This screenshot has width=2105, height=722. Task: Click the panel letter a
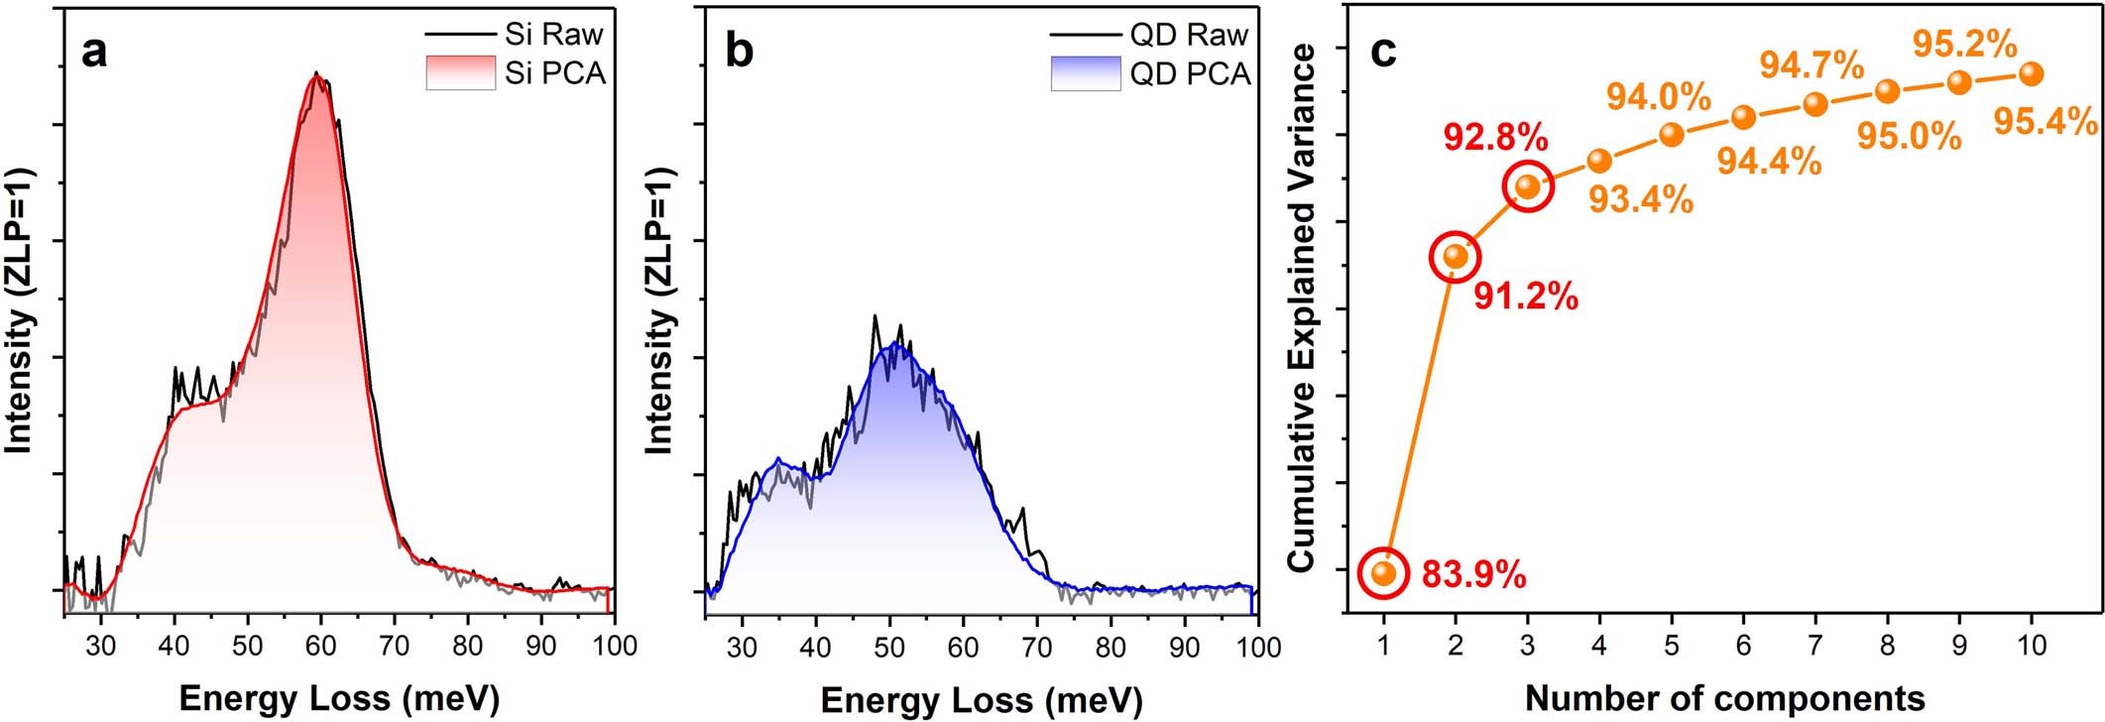[x=94, y=52]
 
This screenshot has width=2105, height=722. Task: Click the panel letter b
[x=740, y=52]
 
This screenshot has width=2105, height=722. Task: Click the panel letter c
[x=1383, y=52]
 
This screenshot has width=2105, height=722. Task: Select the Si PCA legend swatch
[x=460, y=72]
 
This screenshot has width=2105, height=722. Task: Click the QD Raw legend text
[x=1188, y=35]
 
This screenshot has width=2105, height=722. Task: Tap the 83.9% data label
[x=1473, y=574]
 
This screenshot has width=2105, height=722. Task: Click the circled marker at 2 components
[x=1455, y=257]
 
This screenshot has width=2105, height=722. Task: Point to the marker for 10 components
[x=2031, y=73]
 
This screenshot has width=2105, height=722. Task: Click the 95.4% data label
[x=2045, y=122]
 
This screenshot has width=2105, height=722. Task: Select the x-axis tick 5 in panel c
[x=1671, y=647]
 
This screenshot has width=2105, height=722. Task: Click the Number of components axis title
[x=1724, y=698]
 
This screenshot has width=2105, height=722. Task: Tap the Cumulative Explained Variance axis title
[x=1301, y=307]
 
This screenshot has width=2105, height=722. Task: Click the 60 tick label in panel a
[x=321, y=647]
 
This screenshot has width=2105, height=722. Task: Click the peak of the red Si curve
[x=316, y=75]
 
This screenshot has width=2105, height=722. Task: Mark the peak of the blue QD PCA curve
[x=894, y=343]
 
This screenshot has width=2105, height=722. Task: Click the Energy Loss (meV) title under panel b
[x=981, y=699]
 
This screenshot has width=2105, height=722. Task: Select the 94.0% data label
[x=1658, y=97]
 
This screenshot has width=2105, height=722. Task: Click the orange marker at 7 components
[x=1815, y=104]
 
